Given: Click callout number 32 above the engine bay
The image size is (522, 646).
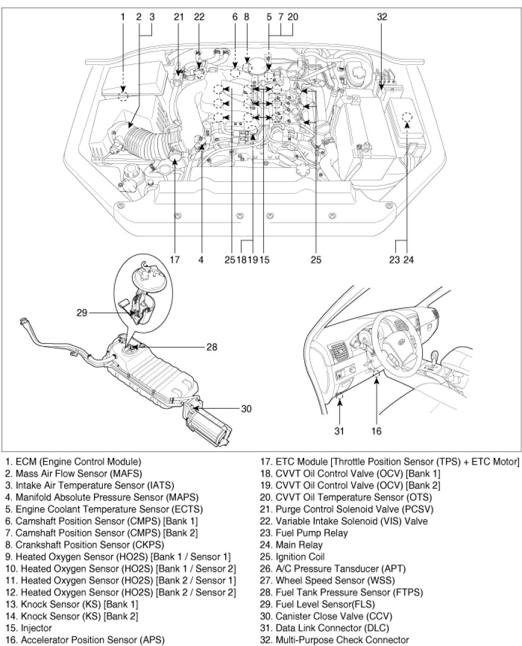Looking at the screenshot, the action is point(382,17).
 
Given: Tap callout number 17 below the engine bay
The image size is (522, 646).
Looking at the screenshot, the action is point(174,260).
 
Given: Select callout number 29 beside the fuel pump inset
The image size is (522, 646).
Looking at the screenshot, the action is point(82,313).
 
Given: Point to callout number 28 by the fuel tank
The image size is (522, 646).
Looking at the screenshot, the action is point(212,347).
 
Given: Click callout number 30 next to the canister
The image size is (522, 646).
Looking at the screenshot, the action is point(246,409).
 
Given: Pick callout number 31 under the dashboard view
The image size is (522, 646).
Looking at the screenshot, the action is point(340,431).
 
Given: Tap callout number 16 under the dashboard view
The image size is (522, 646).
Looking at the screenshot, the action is point(376,431).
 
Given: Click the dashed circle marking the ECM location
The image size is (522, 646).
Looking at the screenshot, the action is point(123,96).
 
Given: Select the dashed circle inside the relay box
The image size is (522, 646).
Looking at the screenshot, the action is point(407,117).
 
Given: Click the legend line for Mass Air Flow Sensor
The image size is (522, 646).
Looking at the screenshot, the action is point(74,473).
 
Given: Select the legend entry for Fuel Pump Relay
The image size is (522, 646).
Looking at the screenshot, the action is point(304,533).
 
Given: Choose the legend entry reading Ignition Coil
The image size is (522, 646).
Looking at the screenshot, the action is point(292,556).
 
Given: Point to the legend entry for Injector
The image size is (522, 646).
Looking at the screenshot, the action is point(28,628).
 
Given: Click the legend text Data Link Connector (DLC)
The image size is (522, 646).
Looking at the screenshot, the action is point(324,628).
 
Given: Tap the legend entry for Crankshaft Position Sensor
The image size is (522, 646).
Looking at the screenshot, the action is point(85,545).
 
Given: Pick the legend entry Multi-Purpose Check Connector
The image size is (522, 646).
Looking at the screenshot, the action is point(335,640).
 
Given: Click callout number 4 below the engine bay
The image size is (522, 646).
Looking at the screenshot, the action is point(201,260).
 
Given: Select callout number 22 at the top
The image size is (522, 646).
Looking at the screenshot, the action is point(199,17).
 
